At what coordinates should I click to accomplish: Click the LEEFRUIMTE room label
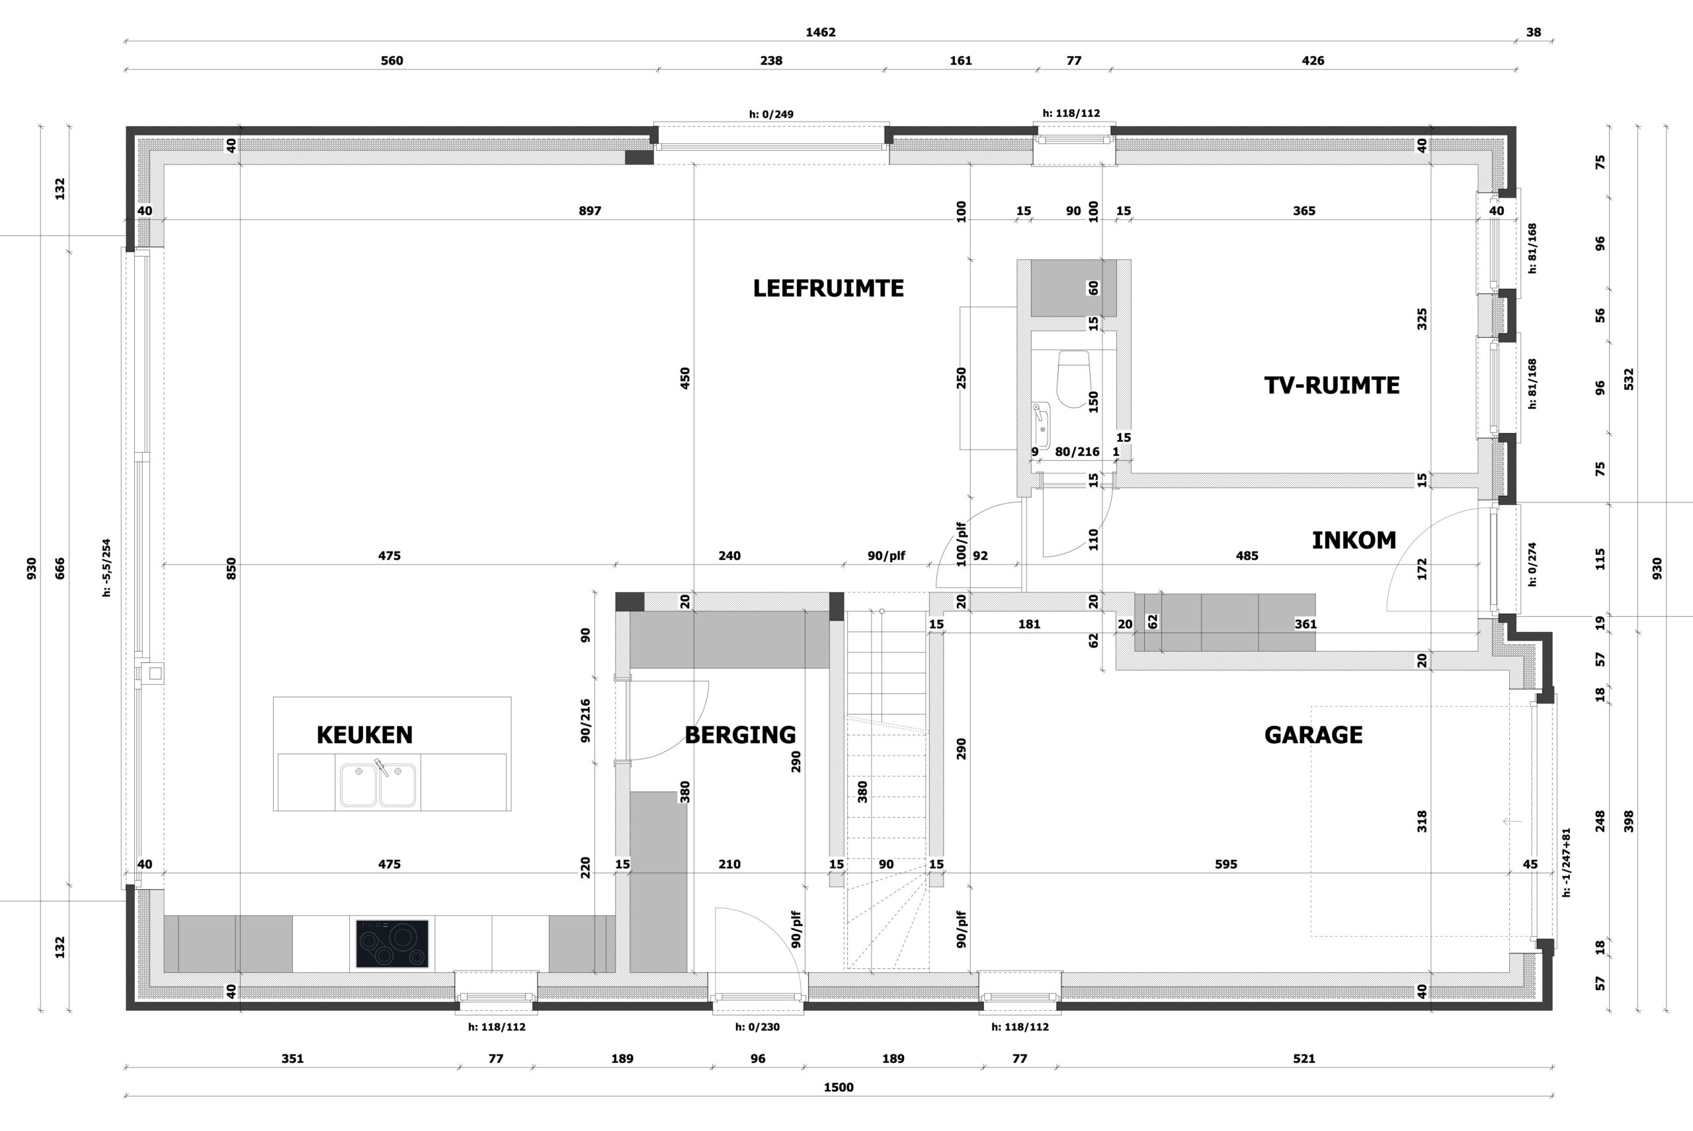click(x=828, y=288)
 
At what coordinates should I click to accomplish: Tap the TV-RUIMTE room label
click(x=1331, y=385)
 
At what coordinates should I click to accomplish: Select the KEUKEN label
click(x=364, y=735)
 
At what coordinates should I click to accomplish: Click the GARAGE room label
click(x=1313, y=735)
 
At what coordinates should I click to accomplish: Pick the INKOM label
click(x=1354, y=540)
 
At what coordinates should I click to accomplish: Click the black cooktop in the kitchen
click(x=392, y=943)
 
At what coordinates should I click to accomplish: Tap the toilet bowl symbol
click(x=1073, y=379)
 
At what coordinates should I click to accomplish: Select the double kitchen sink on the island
click(x=378, y=785)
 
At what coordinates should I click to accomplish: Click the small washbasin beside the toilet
click(x=1040, y=426)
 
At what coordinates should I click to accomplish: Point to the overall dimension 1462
click(x=821, y=32)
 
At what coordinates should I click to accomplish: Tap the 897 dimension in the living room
click(x=590, y=212)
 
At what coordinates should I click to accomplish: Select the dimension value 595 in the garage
click(x=1226, y=864)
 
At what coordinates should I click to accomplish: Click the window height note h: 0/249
click(x=770, y=114)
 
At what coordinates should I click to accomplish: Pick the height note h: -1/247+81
click(x=1567, y=862)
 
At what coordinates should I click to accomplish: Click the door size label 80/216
click(x=1077, y=452)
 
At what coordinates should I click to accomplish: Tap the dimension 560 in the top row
click(x=392, y=61)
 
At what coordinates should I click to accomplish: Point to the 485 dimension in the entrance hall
click(x=1247, y=556)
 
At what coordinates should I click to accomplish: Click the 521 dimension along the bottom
click(x=1304, y=1059)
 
